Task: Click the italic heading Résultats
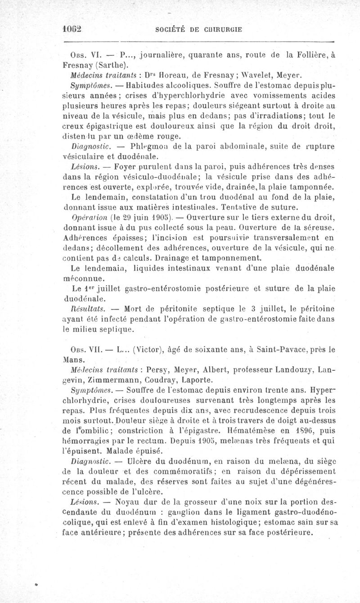tap(83, 310)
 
